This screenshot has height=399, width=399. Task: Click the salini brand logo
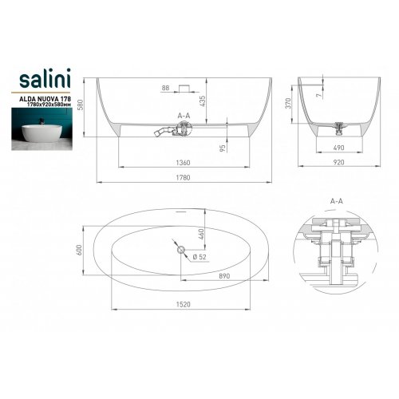tap(45, 78)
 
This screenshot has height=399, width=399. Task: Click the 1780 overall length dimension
tap(184, 177)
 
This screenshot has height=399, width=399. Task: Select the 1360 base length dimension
tap(184, 163)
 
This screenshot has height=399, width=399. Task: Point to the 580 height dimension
tap(81, 105)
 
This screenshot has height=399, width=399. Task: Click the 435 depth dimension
tap(202, 101)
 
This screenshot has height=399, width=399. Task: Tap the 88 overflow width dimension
tap(165, 88)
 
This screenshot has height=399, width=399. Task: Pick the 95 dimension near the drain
tap(223, 148)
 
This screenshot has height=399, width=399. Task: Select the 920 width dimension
tap(338, 162)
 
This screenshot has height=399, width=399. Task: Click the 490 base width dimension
tap(338, 148)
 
